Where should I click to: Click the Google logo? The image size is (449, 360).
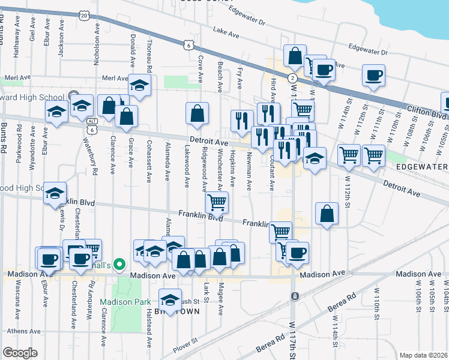(20, 353)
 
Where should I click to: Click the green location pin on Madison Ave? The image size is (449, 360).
(120, 264)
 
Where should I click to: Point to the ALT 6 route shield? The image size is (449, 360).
(91, 125)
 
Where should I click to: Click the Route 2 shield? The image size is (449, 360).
(292, 79)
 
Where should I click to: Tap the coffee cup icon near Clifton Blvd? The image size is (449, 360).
(373, 76)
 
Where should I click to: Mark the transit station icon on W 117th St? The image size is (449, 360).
(294, 296)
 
